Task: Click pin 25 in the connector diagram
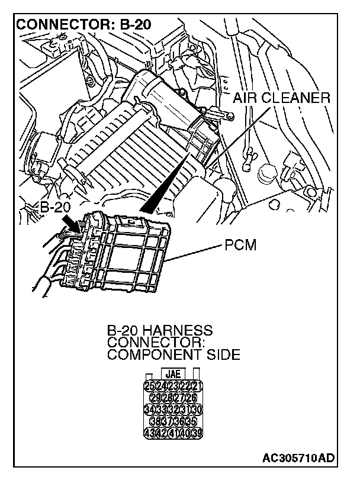149,386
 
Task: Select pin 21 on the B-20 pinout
197,386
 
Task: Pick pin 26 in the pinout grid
191,398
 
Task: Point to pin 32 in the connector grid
173,409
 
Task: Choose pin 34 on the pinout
149,409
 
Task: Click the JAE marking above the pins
173,375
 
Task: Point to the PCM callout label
240,244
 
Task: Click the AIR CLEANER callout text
281,98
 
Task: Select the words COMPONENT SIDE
173,355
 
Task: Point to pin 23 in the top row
173,386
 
